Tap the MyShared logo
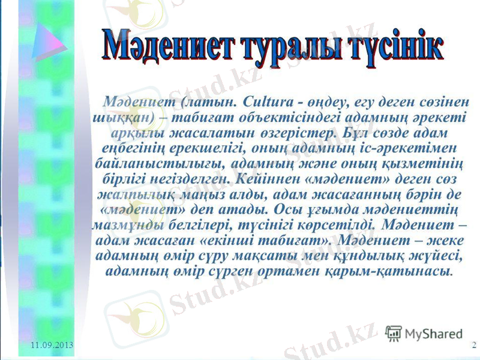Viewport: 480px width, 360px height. (x=424, y=334)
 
